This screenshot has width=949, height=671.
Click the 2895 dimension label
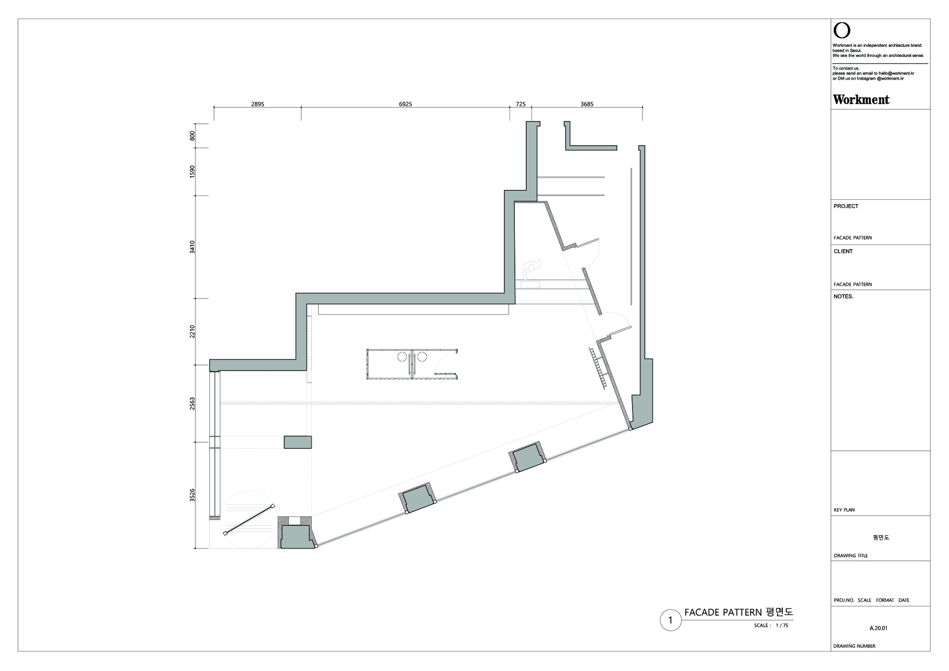tap(258, 104)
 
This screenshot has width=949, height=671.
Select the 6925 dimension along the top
tap(405, 104)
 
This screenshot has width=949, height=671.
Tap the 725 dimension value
tap(521, 104)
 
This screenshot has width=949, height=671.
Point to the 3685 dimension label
tap(587, 104)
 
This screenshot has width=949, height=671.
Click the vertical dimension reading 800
tap(193, 136)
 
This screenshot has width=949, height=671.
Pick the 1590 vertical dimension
tap(193, 171)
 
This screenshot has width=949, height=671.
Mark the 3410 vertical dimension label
tap(193, 247)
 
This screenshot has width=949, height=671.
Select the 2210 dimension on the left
tap(193, 331)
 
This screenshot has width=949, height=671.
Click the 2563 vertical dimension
tap(193, 404)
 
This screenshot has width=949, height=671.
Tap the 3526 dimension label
tap(193, 495)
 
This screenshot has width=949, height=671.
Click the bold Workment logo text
tap(861, 100)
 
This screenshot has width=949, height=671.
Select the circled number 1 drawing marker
tap(670, 620)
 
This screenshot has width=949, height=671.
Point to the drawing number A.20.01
tap(878, 628)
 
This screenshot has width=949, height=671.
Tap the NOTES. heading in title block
tap(843, 297)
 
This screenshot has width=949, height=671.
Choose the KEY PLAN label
tap(844, 510)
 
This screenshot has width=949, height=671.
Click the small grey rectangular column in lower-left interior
tap(298, 442)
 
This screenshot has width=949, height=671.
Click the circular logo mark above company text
tap(842, 31)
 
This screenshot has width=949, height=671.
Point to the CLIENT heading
tap(843, 252)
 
